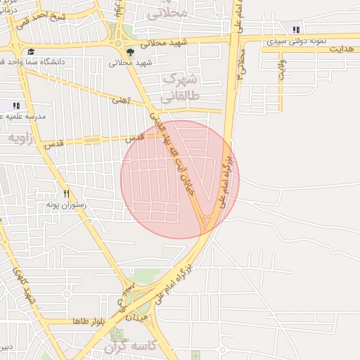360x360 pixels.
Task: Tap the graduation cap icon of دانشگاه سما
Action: click(x=31, y=51)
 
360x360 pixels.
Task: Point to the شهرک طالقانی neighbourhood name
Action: click(x=179, y=88)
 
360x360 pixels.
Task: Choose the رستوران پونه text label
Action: click(x=65, y=204)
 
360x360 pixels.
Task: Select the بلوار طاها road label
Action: click(x=88, y=321)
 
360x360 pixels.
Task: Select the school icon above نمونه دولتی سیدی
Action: click(x=296, y=30)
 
